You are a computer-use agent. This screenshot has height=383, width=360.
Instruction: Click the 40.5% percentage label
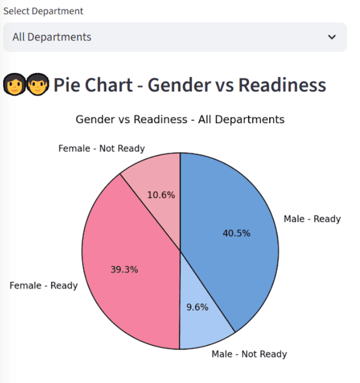tap(236, 233)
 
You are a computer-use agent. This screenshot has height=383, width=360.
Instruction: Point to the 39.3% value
tap(124, 270)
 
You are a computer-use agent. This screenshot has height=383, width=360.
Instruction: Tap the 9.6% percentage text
tap(197, 308)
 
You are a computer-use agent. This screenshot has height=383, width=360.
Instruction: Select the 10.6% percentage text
tap(161, 195)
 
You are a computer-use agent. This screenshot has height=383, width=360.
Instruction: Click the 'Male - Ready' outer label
tap(312, 219)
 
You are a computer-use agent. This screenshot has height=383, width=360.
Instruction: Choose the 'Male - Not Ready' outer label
tap(249, 354)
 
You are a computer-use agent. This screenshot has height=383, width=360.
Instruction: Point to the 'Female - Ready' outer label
tap(44, 286)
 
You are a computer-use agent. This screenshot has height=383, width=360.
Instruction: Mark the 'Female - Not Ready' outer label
tap(102, 149)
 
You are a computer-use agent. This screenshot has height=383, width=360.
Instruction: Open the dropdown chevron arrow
tap(332, 37)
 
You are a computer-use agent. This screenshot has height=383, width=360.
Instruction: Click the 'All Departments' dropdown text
tap(52, 37)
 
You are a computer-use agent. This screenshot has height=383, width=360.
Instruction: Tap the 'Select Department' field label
tap(43, 11)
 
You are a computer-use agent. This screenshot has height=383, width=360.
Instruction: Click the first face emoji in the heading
tap(14, 85)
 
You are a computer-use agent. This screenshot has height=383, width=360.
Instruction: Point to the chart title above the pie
tap(180, 119)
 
